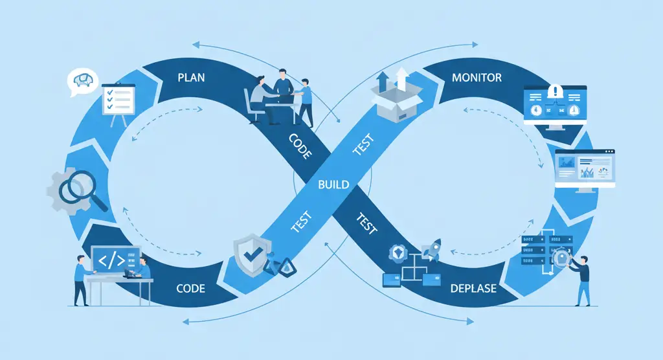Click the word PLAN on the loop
click(x=191, y=78)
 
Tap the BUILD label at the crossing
click(x=333, y=185)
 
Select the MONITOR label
click(x=477, y=78)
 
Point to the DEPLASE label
click(x=473, y=288)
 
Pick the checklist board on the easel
click(x=118, y=100)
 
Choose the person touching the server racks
click(x=583, y=278)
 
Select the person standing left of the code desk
click(x=80, y=278)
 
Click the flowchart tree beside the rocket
click(x=409, y=269)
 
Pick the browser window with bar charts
click(x=585, y=168)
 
